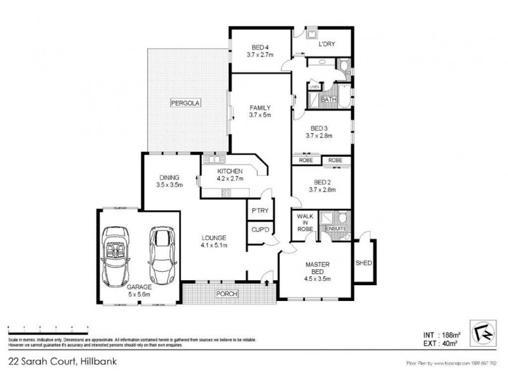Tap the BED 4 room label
pyautogui.click(x=260, y=47)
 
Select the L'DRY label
pyautogui.click(x=326, y=44)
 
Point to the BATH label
pyautogui.click(x=328, y=100)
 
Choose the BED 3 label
pyautogui.click(x=319, y=128)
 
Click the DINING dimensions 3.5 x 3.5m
pyautogui.click(x=170, y=185)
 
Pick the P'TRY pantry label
pyautogui.click(x=259, y=210)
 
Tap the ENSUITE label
pyautogui.click(x=335, y=229)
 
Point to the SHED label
pyautogui.click(x=363, y=262)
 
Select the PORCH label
pyautogui.click(x=225, y=293)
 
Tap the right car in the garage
pyautogui.click(x=161, y=254)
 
